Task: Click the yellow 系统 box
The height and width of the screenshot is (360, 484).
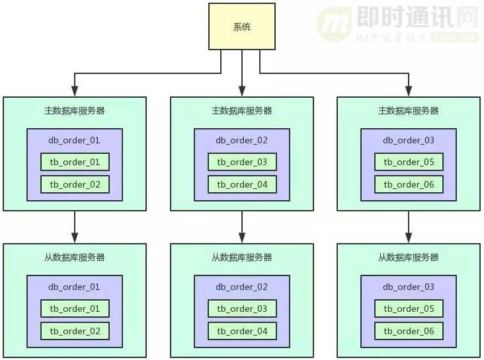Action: (242, 26)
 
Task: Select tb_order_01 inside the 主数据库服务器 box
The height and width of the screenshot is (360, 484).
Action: (75, 162)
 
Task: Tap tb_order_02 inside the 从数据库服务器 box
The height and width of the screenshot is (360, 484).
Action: (75, 331)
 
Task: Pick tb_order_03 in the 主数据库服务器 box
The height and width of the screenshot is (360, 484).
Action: (242, 162)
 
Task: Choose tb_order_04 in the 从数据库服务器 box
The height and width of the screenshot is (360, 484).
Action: (242, 331)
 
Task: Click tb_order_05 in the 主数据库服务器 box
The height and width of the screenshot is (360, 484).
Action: (409, 162)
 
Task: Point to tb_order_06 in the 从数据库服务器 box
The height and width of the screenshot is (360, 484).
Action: (409, 331)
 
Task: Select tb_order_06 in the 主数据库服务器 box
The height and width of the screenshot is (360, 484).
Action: (409, 184)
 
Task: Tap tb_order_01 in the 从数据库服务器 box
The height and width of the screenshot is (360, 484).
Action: (75, 308)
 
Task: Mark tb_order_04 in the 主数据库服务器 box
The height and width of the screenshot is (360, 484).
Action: (242, 184)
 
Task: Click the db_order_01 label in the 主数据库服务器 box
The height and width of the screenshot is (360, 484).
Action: (75, 140)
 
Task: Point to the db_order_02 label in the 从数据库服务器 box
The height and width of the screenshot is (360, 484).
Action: (242, 287)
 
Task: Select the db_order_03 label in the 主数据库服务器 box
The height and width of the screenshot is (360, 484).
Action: (409, 140)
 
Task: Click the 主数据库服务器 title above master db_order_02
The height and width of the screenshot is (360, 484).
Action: (242, 111)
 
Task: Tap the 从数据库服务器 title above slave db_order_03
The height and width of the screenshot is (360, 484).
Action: (409, 257)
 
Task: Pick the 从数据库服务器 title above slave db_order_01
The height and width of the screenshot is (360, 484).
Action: (75, 257)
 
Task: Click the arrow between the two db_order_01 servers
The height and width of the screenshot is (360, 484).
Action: (75, 227)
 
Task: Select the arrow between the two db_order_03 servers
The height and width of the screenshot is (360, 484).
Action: (409, 227)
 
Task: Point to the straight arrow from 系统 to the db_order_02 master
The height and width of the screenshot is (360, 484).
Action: (242, 73)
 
